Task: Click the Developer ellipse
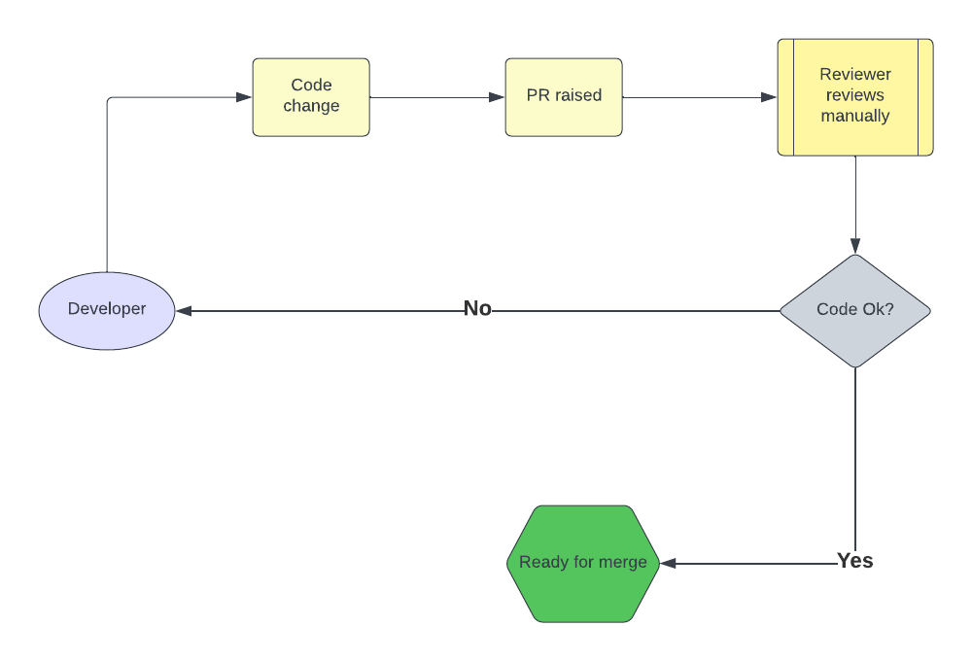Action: [x=107, y=311]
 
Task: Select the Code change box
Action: [x=311, y=97]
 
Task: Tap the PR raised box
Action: [x=564, y=97]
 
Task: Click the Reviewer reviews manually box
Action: [x=855, y=97]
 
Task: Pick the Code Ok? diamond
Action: [x=855, y=311]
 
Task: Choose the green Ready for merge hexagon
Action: [x=583, y=564]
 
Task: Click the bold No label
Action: [x=477, y=308]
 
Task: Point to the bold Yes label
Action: [x=854, y=561]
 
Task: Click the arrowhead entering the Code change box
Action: [x=244, y=97]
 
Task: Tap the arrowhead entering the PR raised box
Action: [x=497, y=97]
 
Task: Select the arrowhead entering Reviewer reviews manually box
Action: [x=769, y=97]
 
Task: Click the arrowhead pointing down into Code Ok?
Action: [x=855, y=246]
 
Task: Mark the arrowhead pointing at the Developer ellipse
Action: [x=184, y=311]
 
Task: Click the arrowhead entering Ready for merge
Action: [x=669, y=564]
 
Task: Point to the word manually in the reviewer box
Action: [x=855, y=116]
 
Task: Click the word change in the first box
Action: [x=311, y=106]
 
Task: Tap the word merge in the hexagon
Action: [x=623, y=563]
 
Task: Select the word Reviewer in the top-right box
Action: [x=855, y=75]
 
